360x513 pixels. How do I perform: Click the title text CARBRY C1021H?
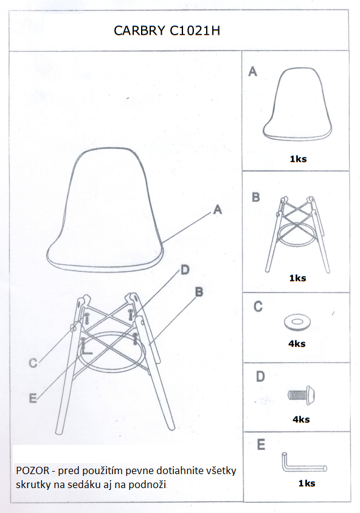(x=167, y=30)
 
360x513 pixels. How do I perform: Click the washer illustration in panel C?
(x=297, y=322)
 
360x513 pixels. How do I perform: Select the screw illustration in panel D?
(x=302, y=395)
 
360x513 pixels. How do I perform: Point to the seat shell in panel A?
(x=297, y=104)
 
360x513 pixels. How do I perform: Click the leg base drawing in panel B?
(x=297, y=234)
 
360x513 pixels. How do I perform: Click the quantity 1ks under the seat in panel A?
(x=298, y=159)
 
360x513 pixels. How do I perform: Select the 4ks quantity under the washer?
(x=297, y=344)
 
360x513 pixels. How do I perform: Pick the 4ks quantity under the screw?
(x=301, y=419)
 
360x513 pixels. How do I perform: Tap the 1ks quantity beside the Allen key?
(x=306, y=484)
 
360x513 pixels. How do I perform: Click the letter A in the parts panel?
(x=252, y=71)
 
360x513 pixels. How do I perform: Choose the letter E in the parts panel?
(x=261, y=445)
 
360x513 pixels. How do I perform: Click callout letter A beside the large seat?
(x=218, y=209)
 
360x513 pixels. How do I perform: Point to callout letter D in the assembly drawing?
(x=185, y=270)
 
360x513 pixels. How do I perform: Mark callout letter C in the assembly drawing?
(x=33, y=363)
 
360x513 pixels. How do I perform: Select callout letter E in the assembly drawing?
(x=33, y=398)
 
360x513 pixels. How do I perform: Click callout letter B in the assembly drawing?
(x=199, y=292)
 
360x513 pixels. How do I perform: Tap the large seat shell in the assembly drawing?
(x=105, y=210)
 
